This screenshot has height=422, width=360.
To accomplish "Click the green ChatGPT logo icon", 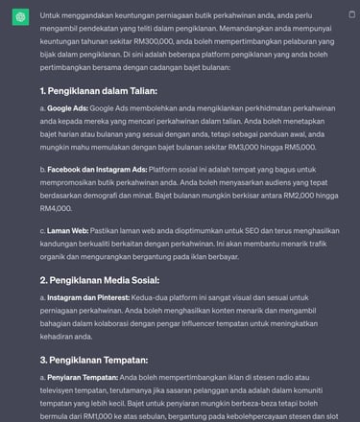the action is tap(19, 16).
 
